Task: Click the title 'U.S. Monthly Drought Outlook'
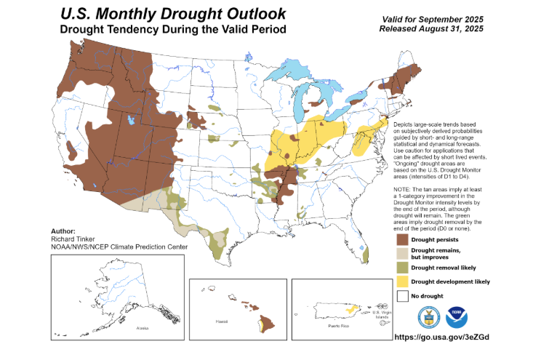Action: click(174, 13)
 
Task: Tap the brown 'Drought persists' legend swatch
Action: click(401, 239)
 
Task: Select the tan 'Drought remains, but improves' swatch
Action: click(401, 252)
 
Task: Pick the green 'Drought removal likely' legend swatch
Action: click(401, 267)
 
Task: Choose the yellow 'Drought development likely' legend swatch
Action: click(401, 281)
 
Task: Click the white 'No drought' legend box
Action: click(401, 296)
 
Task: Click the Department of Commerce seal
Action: click(429, 317)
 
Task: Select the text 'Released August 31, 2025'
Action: click(444, 28)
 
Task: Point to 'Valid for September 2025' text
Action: click(444, 18)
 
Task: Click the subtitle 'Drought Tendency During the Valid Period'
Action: click(173, 29)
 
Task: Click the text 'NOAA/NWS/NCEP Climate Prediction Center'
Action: click(120, 247)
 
